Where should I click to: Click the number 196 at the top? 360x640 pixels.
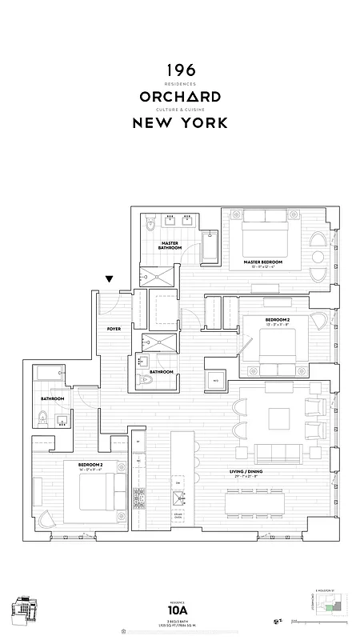tap(179, 71)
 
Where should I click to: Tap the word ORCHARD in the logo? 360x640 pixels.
tap(179, 97)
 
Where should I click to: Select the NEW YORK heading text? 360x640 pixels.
tap(179, 123)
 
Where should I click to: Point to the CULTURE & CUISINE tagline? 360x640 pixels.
tap(179, 110)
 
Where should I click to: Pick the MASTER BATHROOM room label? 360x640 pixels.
tap(170, 246)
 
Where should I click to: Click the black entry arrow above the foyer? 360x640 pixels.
tap(110, 279)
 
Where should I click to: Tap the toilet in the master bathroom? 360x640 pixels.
tap(151, 226)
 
